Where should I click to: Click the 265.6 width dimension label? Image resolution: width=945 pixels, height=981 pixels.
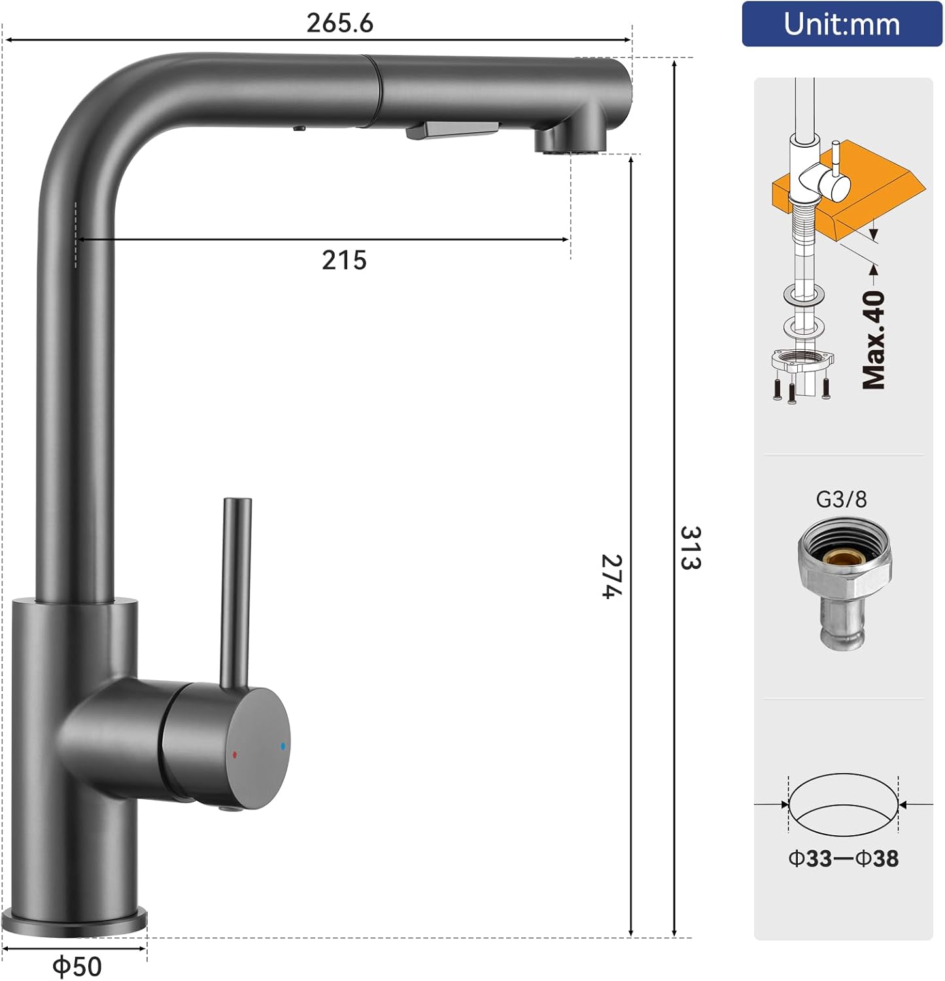click(x=339, y=24)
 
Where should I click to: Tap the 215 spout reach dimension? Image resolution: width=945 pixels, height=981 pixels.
click(x=344, y=260)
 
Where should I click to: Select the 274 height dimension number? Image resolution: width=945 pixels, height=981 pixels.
click(x=612, y=576)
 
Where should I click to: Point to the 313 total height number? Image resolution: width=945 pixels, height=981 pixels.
click(x=691, y=548)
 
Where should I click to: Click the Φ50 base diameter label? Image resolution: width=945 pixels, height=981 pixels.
click(x=77, y=966)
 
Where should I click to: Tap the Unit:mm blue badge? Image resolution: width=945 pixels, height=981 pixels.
click(x=842, y=24)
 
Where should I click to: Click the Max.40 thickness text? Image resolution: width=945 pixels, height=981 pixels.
click(x=874, y=340)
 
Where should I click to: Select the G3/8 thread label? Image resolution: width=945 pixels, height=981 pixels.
click(x=841, y=500)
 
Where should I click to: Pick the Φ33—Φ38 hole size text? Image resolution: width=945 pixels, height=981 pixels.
click(x=843, y=858)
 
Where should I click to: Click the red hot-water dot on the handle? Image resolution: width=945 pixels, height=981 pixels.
click(x=235, y=754)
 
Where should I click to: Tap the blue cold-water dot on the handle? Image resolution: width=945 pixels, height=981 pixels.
click(x=283, y=746)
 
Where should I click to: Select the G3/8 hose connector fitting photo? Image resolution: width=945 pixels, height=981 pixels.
click(x=844, y=582)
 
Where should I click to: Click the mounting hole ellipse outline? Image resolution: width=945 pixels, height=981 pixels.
click(x=843, y=804)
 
